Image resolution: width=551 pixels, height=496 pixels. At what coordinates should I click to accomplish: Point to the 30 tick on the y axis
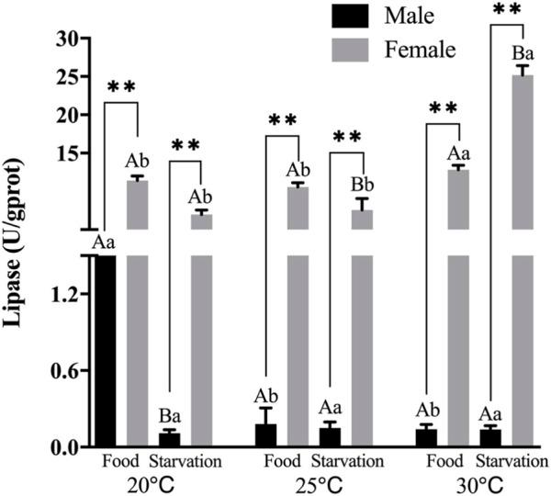click(65, 39)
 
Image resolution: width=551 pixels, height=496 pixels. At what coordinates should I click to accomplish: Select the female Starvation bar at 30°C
click(522, 349)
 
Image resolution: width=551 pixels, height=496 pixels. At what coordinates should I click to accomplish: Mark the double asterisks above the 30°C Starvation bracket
click(507, 10)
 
